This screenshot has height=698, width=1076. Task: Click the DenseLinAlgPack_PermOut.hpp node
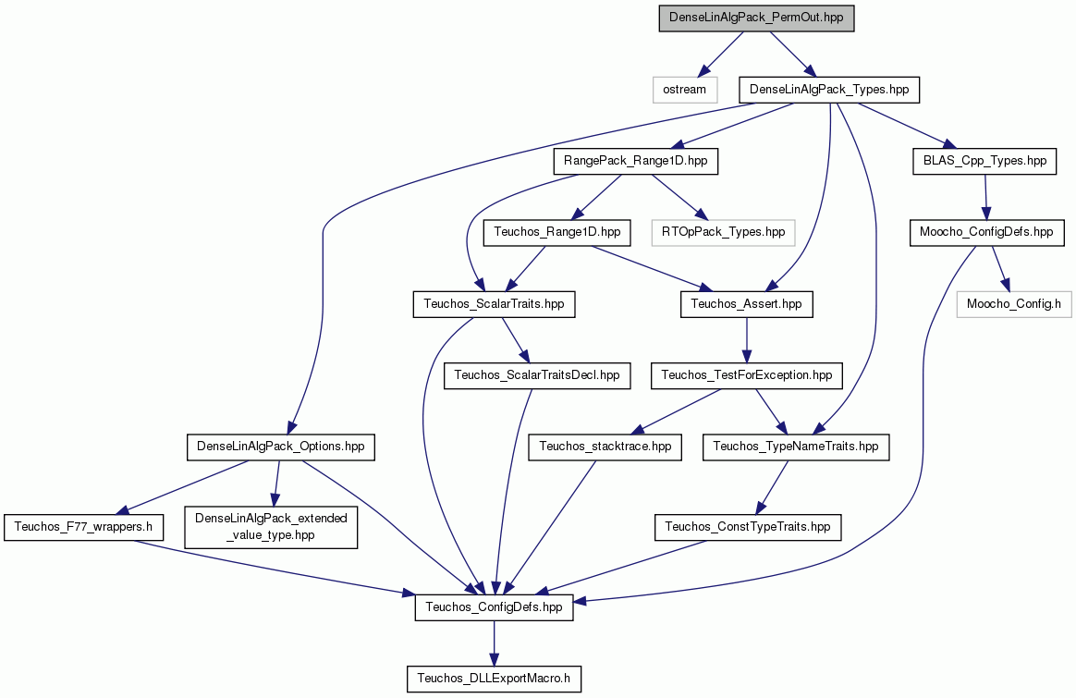click(x=756, y=18)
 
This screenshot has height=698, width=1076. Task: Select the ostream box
click(x=685, y=90)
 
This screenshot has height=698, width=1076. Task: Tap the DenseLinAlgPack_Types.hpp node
click(x=829, y=90)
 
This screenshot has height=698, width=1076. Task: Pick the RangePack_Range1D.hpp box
click(x=635, y=162)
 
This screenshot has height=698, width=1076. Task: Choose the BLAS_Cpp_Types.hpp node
click(x=984, y=162)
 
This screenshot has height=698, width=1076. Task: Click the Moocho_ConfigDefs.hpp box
click(x=986, y=233)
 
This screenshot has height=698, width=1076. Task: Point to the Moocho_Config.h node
click(x=1013, y=304)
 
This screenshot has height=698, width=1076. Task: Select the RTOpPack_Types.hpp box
click(x=723, y=233)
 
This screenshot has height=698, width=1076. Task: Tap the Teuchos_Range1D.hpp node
click(x=556, y=233)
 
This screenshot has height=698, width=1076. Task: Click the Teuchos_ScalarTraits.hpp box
click(x=494, y=304)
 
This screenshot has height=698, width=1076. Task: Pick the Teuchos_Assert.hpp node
click(x=747, y=304)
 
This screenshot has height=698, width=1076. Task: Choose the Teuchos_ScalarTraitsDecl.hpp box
click(x=537, y=376)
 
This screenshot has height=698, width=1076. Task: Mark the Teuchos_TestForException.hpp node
click(x=747, y=376)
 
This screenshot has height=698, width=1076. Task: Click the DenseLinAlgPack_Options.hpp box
click(x=281, y=447)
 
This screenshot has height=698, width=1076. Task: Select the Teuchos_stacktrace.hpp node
click(x=605, y=447)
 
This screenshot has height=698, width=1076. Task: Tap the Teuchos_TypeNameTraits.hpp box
click(x=796, y=447)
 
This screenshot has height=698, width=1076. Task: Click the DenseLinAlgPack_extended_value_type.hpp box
click(x=271, y=527)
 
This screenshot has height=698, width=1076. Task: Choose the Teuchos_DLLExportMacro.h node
click(x=494, y=679)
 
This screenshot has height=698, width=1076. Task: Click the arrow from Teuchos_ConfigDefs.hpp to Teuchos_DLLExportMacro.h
click(x=494, y=643)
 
